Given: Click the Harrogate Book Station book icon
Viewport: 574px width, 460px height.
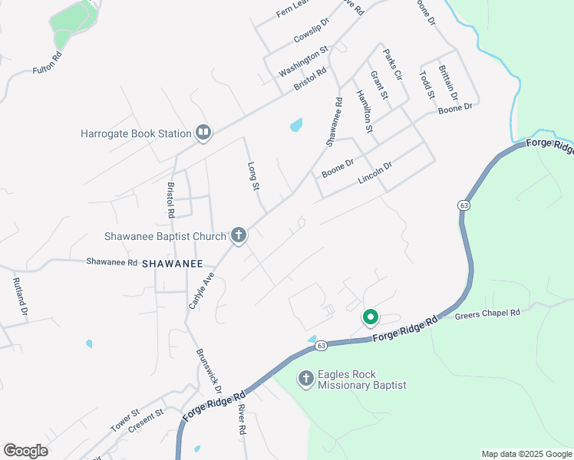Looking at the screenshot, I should [x=203, y=133].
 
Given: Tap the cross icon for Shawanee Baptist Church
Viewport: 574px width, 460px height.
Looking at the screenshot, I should [x=239, y=236].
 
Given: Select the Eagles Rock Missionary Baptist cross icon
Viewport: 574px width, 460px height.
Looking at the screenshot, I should [x=306, y=379].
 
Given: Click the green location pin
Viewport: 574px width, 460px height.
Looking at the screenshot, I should [x=370, y=316].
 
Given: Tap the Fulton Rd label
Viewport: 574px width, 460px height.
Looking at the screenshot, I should [x=48, y=64].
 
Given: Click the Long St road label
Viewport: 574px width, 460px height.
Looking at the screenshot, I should [x=255, y=176].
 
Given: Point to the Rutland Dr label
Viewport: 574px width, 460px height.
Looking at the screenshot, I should [x=20, y=298].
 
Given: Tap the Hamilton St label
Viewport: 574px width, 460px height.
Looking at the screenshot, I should [x=364, y=112].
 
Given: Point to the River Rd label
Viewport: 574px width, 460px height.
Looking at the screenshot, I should [x=241, y=420].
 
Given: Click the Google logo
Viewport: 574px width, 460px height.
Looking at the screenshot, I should [x=25, y=451].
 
